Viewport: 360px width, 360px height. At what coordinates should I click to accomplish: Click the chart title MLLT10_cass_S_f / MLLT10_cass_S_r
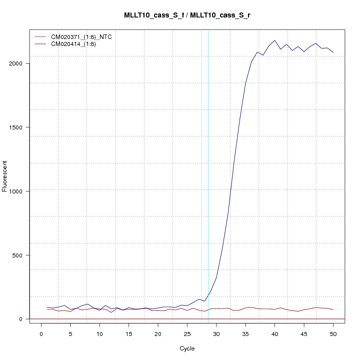(187, 15)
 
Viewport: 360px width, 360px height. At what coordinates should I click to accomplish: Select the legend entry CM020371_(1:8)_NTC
(81, 37)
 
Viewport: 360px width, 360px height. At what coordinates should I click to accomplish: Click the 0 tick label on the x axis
(41, 333)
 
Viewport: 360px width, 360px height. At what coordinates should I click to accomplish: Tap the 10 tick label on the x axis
(99, 333)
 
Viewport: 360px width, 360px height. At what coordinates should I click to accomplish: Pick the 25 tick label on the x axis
(187, 333)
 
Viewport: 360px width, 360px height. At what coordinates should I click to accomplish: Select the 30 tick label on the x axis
(216, 333)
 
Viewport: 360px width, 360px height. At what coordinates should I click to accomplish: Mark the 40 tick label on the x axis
(274, 333)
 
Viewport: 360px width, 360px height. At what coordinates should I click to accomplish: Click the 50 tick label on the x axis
(333, 333)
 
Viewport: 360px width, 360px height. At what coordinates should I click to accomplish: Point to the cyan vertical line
(208, 175)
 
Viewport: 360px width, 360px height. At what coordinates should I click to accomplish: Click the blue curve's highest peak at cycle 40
(274, 40)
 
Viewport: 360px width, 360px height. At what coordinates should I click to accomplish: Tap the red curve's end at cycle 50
(333, 310)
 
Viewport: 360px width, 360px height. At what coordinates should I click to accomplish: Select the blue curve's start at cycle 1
(47, 307)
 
